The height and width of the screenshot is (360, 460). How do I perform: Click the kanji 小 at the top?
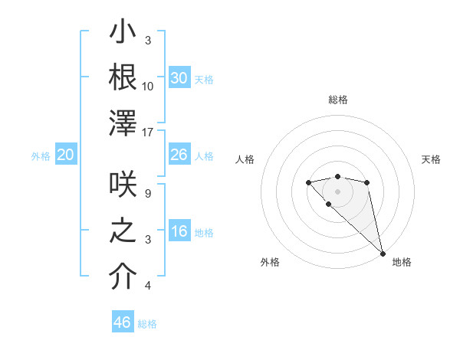pos(123,34)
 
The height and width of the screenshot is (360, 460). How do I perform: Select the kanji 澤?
pos(123,123)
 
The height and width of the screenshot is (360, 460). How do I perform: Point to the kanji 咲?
pos(123,186)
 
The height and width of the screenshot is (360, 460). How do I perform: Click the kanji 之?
pos(123,232)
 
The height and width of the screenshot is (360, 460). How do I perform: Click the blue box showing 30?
pos(179,78)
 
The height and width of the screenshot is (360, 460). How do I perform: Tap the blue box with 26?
pos(179,155)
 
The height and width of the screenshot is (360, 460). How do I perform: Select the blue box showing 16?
pos(179,231)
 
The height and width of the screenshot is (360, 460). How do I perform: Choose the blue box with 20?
pos(65,155)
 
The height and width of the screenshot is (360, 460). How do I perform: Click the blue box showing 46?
pos(123,322)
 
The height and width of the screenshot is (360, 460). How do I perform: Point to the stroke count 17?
pos(149,133)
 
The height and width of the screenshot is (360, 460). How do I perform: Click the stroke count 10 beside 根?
pos(148,86)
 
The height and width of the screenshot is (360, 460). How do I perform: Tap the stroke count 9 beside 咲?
pos(148,194)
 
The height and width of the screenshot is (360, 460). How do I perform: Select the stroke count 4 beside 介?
pos(148,286)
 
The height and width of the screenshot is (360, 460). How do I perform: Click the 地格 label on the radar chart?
pos(402,262)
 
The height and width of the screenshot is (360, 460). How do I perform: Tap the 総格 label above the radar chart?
pos(337,100)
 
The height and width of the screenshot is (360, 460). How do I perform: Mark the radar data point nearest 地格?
pos(383,254)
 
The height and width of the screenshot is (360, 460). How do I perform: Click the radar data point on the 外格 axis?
pos(328,204)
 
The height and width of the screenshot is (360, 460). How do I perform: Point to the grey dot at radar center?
pos(337,191)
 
